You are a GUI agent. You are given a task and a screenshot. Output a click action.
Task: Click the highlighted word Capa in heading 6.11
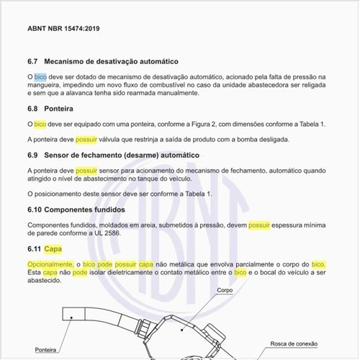(x=53, y=249)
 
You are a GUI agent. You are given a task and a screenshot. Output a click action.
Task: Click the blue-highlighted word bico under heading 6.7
(x=40, y=76)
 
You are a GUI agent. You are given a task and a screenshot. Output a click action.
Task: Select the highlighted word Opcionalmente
(x=50, y=265)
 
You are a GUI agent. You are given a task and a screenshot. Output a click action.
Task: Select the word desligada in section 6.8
(x=271, y=139)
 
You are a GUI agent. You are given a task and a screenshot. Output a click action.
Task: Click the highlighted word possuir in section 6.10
(x=264, y=225)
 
